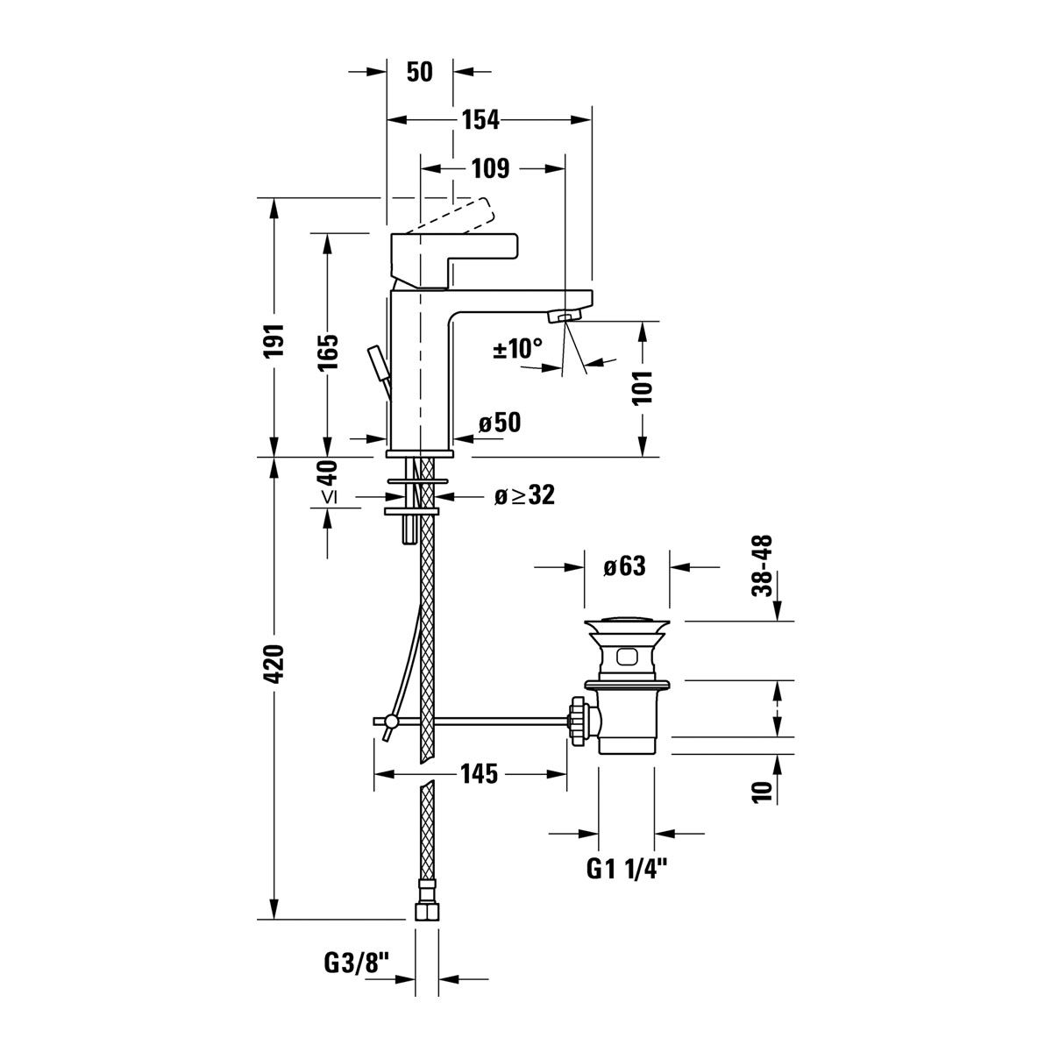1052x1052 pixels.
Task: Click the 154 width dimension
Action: click(x=480, y=120)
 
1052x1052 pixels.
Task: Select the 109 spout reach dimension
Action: click(x=490, y=168)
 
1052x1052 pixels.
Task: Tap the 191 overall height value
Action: click(x=274, y=341)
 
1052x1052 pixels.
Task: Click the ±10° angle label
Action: click(x=518, y=348)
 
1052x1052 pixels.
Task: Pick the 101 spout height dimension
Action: click(x=643, y=387)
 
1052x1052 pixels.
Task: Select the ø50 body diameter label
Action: click(x=500, y=422)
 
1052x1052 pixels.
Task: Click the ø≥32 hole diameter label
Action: click(x=524, y=494)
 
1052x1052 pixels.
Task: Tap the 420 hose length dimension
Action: click(x=274, y=664)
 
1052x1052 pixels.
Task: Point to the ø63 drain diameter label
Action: click(x=624, y=566)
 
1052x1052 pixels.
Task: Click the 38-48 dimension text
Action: click(x=762, y=566)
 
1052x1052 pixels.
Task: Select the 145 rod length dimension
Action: click(x=480, y=773)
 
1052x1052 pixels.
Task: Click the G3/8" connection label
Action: click(x=358, y=963)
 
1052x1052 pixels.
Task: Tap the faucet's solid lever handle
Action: click(x=454, y=261)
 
